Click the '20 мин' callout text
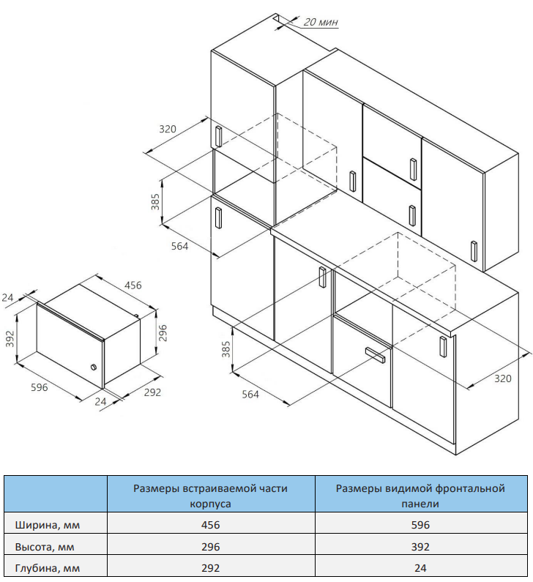click(x=321, y=22)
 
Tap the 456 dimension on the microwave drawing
click(x=133, y=285)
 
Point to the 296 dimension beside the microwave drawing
click(x=163, y=333)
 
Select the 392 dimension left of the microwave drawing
click(x=10, y=338)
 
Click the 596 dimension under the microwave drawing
click(x=40, y=387)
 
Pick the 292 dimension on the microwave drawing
click(x=152, y=392)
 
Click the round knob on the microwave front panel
click(x=94, y=368)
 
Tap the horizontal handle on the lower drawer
click(x=376, y=354)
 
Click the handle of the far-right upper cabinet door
click(x=474, y=251)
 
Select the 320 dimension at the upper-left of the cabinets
click(x=168, y=129)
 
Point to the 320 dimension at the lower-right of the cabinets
click(x=503, y=378)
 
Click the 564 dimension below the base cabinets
click(x=250, y=394)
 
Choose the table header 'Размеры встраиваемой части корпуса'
click(x=210, y=496)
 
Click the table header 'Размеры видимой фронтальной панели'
click(x=420, y=496)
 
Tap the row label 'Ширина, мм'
click(x=48, y=525)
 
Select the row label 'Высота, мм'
click(x=45, y=547)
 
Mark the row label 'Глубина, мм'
click(x=48, y=568)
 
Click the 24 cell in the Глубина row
click(x=420, y=568)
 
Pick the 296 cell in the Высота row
click(x=210, y=547)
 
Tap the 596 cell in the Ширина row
click(x=420, y=525)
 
